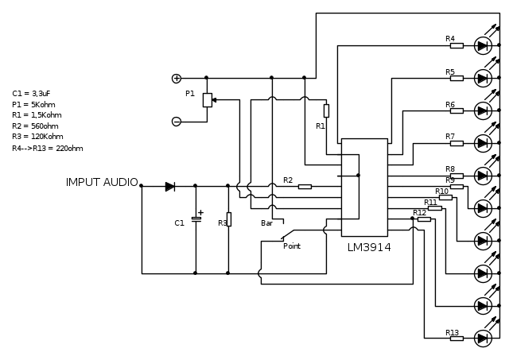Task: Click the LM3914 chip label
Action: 369,247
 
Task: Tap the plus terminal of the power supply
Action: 177,78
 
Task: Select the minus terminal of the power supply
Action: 177,122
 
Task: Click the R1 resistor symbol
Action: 326,110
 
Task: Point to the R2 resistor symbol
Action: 305,187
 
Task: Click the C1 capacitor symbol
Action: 196,219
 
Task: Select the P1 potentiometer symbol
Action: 208,100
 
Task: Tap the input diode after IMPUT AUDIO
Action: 170,187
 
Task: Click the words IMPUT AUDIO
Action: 102,183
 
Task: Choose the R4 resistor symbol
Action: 457,46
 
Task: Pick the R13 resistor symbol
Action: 457,339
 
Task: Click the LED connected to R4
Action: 482,46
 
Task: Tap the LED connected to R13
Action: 482,339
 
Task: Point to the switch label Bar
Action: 266,223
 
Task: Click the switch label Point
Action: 292,246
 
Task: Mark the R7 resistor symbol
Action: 457,143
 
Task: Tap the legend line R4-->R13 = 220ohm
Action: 48,148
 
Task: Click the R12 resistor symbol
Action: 424,219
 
